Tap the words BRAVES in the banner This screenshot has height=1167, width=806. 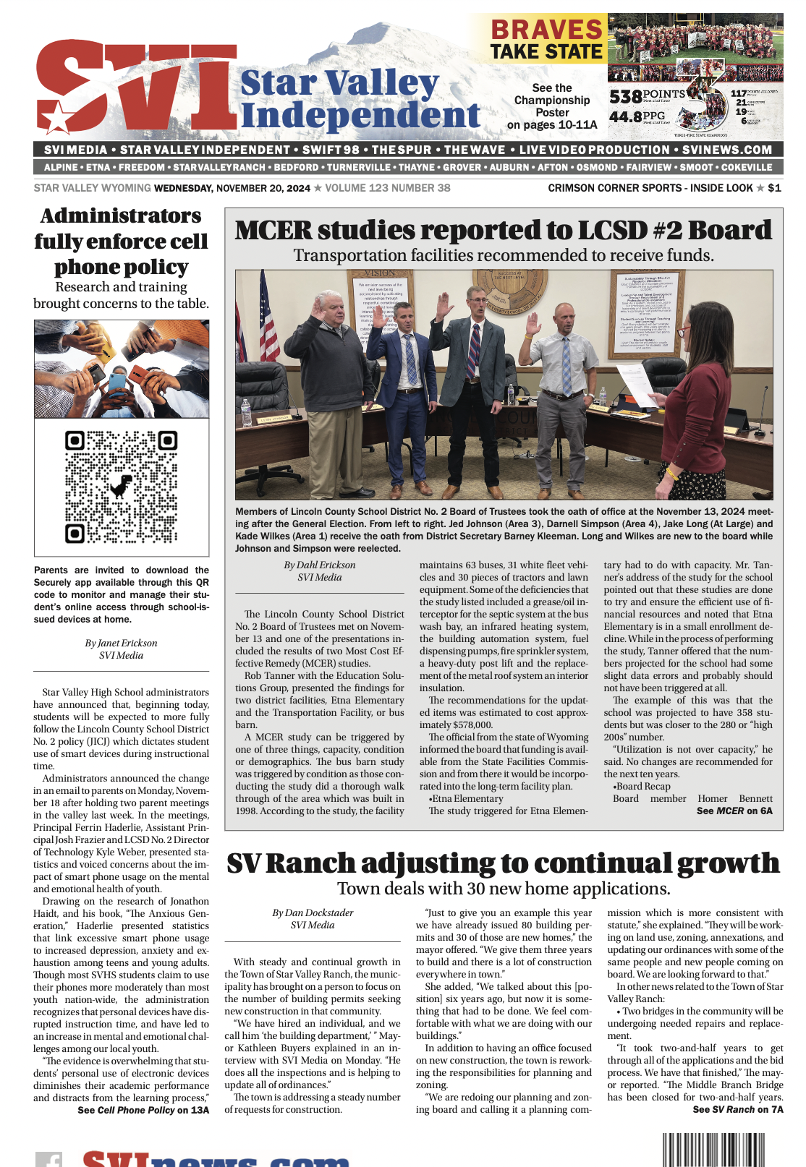(x=547, y=30)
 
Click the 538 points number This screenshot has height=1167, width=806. (x=626, y=96)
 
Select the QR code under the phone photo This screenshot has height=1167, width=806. (x=122, y=487)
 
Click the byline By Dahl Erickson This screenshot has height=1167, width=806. (x=320, y=565)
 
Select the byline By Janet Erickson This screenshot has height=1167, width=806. (x=121, y=643)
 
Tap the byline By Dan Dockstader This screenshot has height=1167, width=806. (x=313, y=912)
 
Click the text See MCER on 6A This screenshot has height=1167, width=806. (x=734, y=811)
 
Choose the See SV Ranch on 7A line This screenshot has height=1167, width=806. (x=737, y=1109)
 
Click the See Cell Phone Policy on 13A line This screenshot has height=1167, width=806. (x=143, y=1110)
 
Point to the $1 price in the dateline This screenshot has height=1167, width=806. (x=774, y=188)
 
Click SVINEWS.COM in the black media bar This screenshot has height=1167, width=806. (x=727, y=150)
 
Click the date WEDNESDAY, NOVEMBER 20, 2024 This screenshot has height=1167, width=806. (x=232, y=188)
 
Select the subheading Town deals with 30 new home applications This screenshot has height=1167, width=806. (x=504, y=889)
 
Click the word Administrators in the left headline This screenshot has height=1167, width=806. (x=121, y=215)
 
